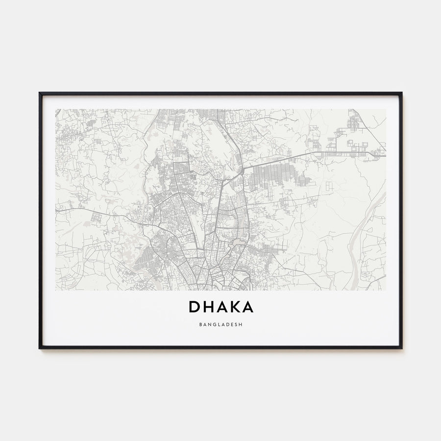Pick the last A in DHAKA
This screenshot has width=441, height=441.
pyautogui.click(x=248, y=307)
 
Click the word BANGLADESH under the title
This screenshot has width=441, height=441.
pyautogui.click(x=220, y=324)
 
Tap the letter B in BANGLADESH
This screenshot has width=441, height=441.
pyautogui.click(x=202, y=324)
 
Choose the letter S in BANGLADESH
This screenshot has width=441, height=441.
pyautogui.click(x=235, y=324)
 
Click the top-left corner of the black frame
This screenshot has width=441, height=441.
pyautogui.click(x=40, y=93)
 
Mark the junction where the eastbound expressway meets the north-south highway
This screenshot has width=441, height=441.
pyautogui.click(x=243, y=170)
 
